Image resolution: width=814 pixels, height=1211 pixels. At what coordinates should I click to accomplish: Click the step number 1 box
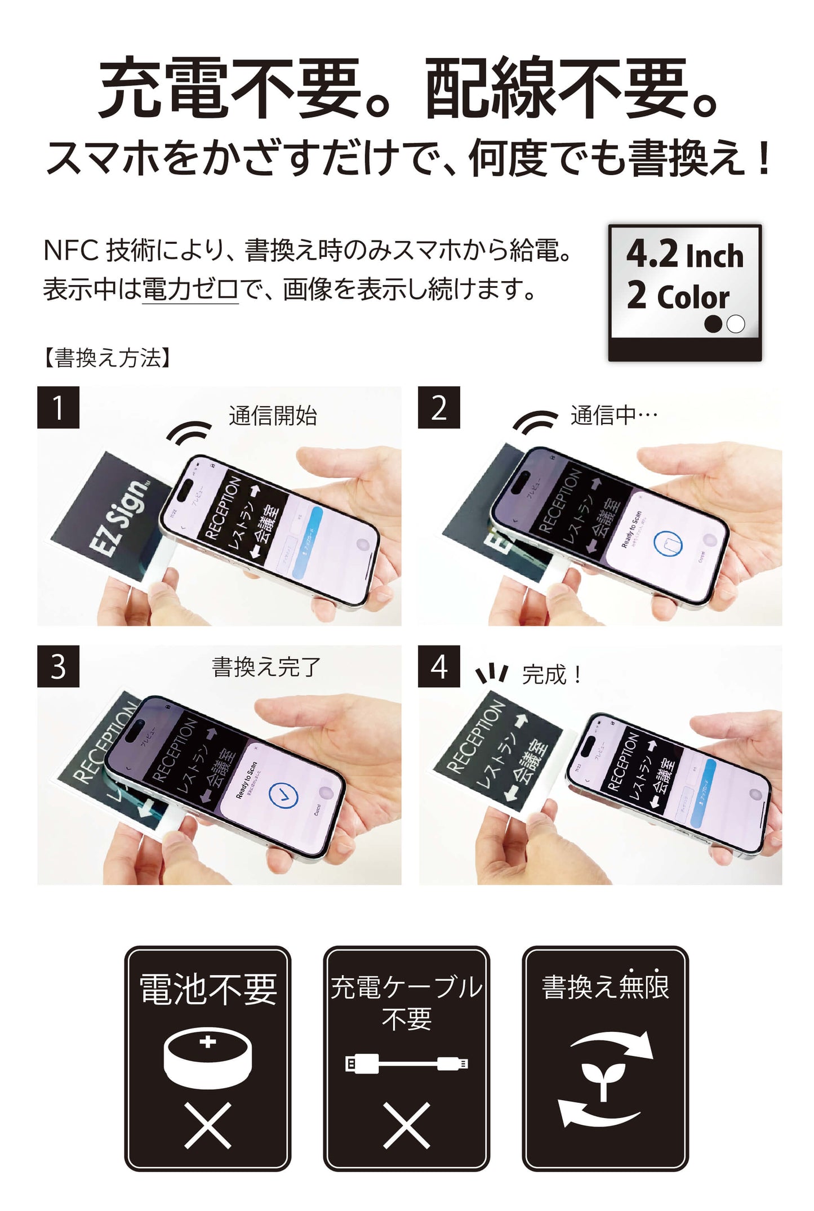click(x=58, y=407)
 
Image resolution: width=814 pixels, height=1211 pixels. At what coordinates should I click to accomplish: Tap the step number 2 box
click(x=438, y=407)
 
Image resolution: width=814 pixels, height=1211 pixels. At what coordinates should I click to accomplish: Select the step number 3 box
click(x=58, y=666)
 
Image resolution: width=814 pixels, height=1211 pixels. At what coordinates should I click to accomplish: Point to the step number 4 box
click(x=438, y=666)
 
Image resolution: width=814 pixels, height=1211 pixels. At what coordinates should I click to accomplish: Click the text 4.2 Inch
click(x=684, y=255)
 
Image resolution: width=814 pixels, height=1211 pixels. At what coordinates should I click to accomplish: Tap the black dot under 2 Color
click(x=713, y=324)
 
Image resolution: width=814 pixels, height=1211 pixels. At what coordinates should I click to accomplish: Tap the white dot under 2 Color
click(x=736, y=324)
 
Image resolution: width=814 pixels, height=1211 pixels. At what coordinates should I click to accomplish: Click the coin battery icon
click(x=207, y=1058)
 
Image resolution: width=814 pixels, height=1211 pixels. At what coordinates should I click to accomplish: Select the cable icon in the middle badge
click(x=406, y=1063)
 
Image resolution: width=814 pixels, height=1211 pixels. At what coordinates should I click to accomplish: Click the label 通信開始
click(x=273, y=416)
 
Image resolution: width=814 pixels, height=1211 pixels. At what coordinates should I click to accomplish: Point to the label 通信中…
click(x=614, y=416)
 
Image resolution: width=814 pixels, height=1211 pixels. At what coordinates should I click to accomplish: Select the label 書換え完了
click(x=266, y=667)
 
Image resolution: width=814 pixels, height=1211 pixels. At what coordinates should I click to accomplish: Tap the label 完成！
click(x=552, y=674)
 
